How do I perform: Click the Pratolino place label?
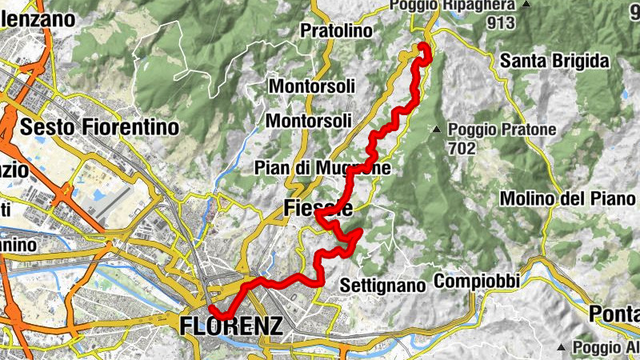click(337, 31)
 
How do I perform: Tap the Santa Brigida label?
click(554, 61)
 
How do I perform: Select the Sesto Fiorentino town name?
click(100, 126)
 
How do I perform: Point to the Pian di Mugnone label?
click(322, 169)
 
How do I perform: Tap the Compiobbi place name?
click(478, 282)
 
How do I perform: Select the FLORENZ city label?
click(232, 326)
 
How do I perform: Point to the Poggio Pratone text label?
click(497, 130)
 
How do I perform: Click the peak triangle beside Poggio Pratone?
click(437, 130)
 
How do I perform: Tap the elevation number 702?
click(462, 149)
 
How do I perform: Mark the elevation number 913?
click(500, 23)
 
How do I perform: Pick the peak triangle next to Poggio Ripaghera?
click(526, 6)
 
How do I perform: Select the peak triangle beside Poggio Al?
click(562, 347)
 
